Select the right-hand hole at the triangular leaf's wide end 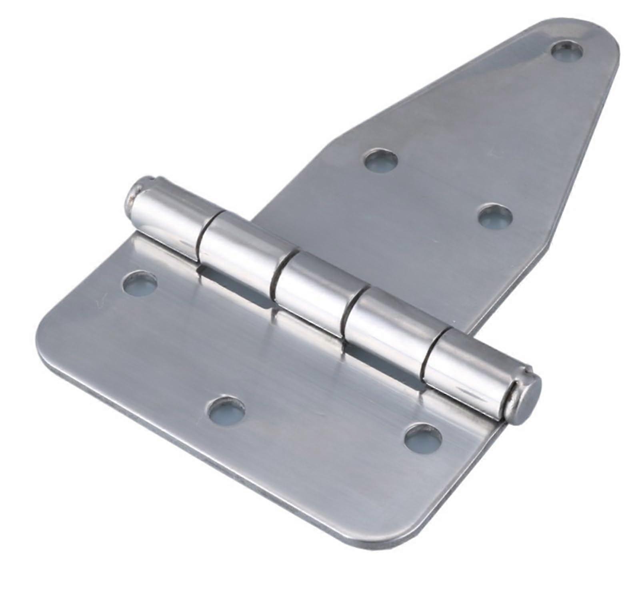tap(495, 215)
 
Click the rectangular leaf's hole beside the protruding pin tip tap(140, 284)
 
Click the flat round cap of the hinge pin tap(527, 401)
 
